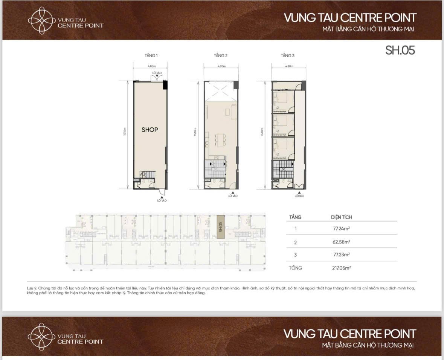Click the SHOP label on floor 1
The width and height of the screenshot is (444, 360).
[150, 130]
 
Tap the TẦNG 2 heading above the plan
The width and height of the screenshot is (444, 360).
[221, 55]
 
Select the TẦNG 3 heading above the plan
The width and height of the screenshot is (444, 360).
[288, 55]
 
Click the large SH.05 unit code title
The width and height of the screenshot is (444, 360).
[400, 51]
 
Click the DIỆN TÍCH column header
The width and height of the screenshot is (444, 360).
[341, 217]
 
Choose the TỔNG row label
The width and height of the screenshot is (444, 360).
[296, 268]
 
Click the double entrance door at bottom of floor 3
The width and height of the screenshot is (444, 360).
[299, 186]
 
